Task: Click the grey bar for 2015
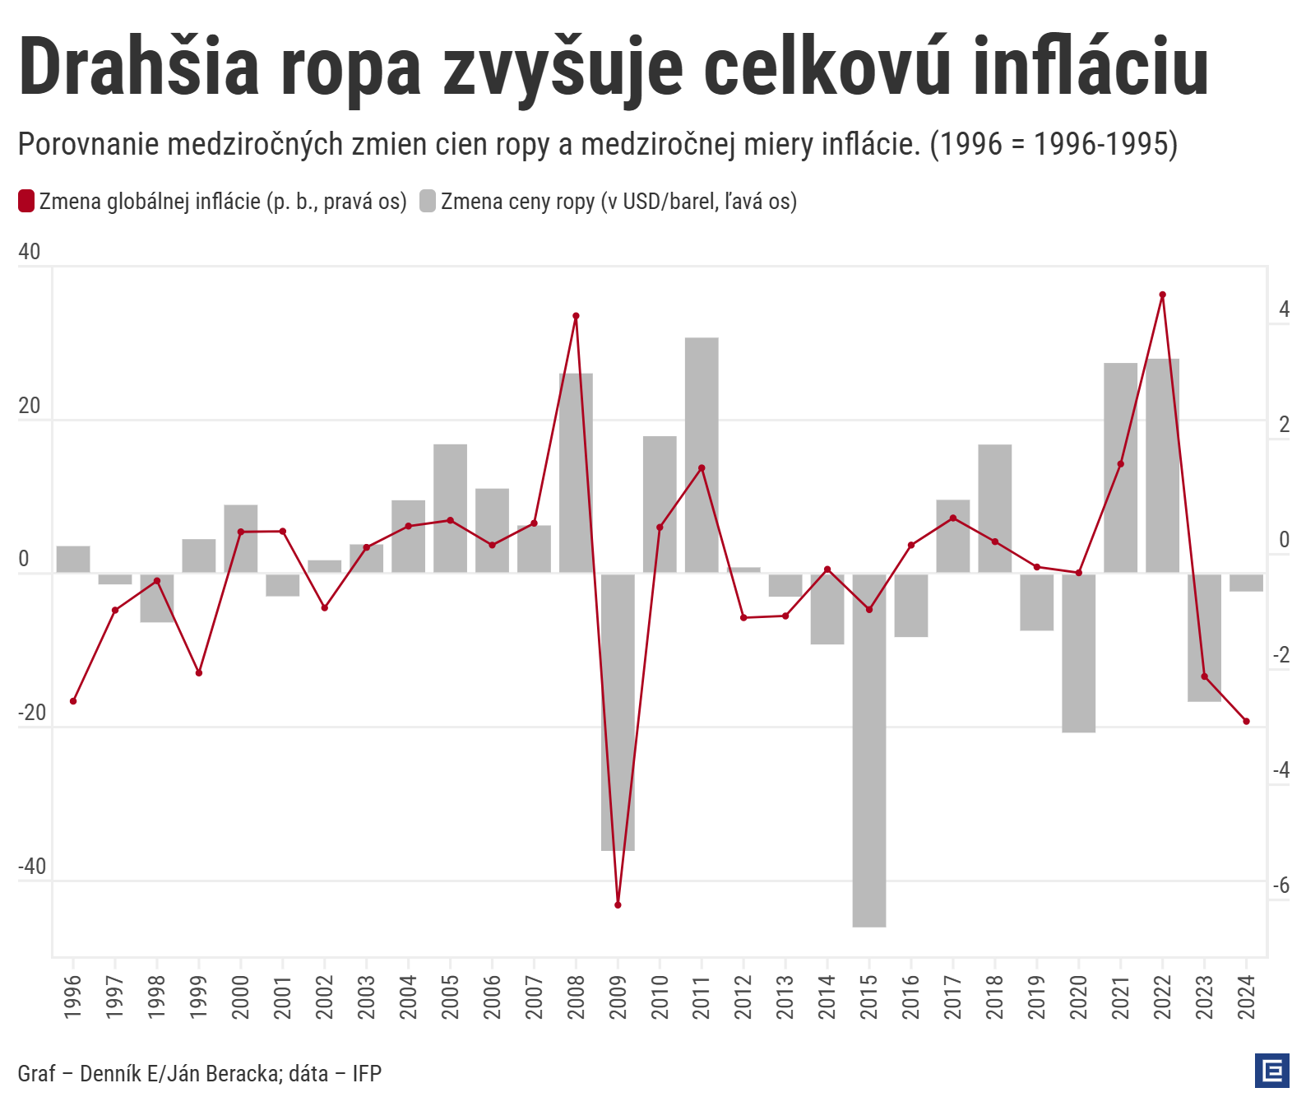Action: coord(869,749)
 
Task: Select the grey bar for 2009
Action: coord(618,712)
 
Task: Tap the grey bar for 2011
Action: coord(702,454)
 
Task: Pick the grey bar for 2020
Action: coord(1078,653)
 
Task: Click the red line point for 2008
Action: coord(576,316)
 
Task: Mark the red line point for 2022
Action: coord(1162,295)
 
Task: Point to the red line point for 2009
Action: coord(618,905)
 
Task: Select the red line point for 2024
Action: coord(1246,722)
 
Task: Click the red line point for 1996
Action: coord(73,701)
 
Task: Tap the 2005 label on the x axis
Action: coord(450,997)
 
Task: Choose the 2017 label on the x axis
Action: coord(952,997)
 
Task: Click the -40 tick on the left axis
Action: coord(32,867)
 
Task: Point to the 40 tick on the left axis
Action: coord(29,252)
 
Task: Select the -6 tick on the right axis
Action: coord(1281,886)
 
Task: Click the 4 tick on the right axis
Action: coord(1284,309)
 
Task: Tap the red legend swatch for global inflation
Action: coord(26,201)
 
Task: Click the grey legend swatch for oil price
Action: coord(428,201)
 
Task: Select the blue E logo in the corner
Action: coord(1271,1071)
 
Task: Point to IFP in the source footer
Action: coord(367,1073)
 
